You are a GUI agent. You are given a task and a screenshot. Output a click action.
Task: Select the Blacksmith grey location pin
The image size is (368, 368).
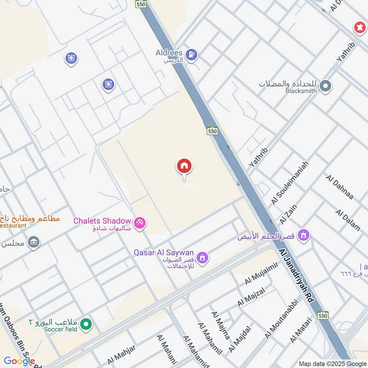point(326,86)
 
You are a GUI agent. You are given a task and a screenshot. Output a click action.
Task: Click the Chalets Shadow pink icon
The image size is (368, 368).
point(140,222)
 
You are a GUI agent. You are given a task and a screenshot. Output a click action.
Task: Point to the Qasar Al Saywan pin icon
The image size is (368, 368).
point(202,258)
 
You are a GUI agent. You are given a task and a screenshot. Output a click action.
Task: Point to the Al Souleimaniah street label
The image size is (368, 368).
point(290,183)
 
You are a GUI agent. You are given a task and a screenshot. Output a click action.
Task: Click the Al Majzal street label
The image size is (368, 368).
point(251,297)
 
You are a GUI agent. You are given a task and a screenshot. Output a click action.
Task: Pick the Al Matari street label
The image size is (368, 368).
point(302,330)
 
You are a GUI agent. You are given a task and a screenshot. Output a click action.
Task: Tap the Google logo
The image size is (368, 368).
point(19,361)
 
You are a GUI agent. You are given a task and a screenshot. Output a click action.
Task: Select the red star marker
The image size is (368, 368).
point(358,28)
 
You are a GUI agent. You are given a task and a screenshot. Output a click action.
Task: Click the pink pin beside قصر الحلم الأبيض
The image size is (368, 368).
point(303,236)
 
